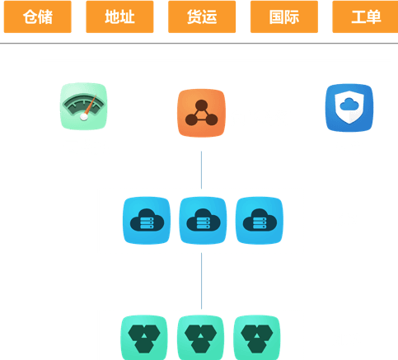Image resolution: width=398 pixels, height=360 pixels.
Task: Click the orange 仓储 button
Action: point(38,16)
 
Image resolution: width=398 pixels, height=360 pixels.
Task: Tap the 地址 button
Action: point(119,16)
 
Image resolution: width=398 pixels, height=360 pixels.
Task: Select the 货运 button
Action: point(202,16)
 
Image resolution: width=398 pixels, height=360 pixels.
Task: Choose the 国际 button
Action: point(284,16)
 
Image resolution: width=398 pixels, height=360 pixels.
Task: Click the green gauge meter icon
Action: point(83,106)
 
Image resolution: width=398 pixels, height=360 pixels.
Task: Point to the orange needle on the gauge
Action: point(90,105)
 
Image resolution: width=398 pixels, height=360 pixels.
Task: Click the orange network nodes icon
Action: point(201,113)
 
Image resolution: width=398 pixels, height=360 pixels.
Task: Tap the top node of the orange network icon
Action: point(201,105)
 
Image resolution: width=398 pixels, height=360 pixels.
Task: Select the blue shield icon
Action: point(349,108)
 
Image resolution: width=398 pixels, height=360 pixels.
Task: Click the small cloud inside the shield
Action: point(349,105)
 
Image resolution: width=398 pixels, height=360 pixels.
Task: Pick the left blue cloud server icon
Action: point(147,220)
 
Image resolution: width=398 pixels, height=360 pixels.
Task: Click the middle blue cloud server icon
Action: point(203,220)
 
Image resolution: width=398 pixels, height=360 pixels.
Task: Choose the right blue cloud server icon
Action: point(260,220)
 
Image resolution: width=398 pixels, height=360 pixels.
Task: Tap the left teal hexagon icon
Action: point(144,338)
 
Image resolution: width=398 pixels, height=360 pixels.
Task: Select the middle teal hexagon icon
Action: point(200,338)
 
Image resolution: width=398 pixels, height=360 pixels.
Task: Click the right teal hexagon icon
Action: point(257,338)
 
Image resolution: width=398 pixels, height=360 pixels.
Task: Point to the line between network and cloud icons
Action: point(201,170)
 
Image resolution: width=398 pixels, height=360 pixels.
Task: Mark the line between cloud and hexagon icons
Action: point(201,281)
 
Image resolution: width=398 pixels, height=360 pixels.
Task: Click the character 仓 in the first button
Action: point(30,16)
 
